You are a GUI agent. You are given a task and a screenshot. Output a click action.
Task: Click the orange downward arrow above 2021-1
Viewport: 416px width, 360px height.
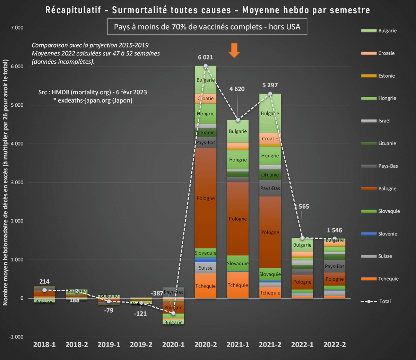[234, 50]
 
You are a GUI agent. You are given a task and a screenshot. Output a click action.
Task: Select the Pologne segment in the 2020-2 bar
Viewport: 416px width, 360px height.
[206, 198]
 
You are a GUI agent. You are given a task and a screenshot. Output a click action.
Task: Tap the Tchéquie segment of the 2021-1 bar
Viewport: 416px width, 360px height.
[238, 285]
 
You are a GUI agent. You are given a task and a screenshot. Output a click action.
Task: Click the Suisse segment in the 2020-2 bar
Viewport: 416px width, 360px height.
[206, 267]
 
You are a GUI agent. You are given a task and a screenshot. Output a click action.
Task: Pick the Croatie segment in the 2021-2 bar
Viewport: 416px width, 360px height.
[270, 139]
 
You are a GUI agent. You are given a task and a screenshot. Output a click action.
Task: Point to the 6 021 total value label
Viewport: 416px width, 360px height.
[206, 57]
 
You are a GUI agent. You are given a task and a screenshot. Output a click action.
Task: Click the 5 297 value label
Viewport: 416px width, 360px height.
[270, 85]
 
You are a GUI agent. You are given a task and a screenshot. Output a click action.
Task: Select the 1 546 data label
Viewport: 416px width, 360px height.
[334, 230]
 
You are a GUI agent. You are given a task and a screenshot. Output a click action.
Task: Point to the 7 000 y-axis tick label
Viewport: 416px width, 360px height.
[17, 28]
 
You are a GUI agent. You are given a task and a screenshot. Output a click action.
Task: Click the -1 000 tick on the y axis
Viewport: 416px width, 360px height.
[16, 337]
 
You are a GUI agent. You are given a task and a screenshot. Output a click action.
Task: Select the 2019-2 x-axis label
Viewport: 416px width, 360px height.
[141, 345]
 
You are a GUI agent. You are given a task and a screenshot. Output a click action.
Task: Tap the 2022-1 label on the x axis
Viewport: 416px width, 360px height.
[302, 345]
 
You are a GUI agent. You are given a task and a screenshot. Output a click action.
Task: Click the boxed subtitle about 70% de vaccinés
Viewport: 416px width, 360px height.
[207, 27]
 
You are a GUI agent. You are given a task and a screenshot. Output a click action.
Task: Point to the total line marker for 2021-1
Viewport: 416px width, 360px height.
[238, 120]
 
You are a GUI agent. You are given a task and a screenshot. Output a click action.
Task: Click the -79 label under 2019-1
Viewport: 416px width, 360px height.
[109, 310]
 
